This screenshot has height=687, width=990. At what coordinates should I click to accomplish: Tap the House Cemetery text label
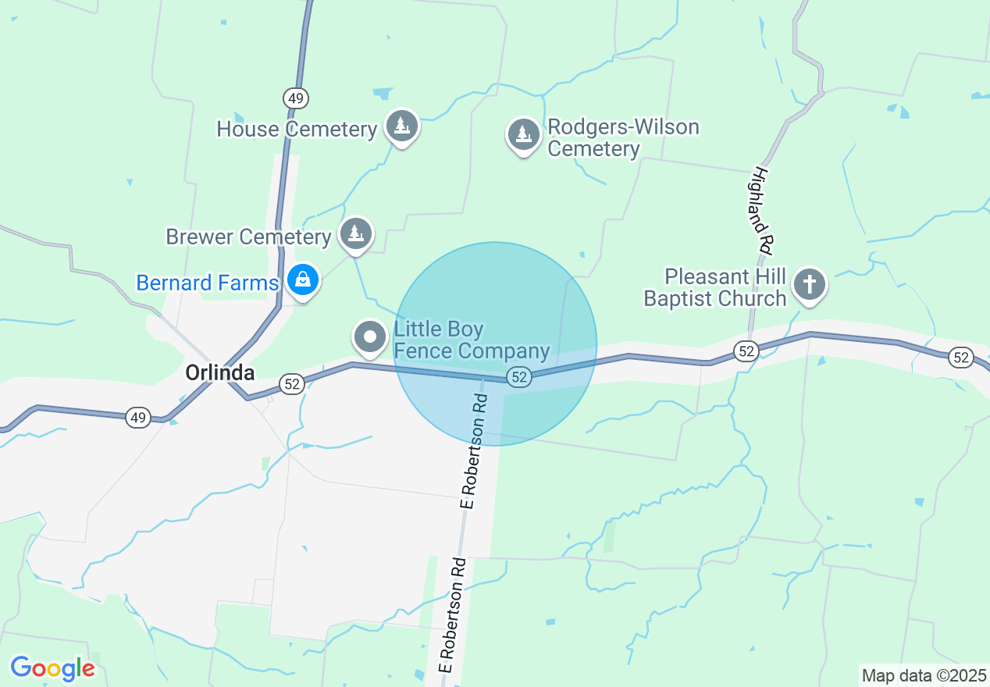[297, 129]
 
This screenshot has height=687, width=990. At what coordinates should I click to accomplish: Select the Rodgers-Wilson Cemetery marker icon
[524, 135]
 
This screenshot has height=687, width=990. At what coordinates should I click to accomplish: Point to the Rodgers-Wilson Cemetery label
[623, 137]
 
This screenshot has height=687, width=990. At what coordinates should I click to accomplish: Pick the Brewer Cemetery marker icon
[356, 233]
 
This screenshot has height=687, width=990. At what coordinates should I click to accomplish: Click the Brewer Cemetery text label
[248, 237]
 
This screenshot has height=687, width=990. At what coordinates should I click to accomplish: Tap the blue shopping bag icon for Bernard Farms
[302, 279]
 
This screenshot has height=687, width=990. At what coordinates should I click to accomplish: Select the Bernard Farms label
[207, 283]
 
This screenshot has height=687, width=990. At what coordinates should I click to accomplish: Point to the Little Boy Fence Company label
[472, 340]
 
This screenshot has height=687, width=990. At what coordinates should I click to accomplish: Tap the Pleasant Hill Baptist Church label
[714, 287]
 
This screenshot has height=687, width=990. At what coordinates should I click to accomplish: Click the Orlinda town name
[219, 373]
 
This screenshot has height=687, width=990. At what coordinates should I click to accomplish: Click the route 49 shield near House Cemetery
[296, 98]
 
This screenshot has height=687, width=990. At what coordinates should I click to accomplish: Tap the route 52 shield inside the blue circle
[519, 377]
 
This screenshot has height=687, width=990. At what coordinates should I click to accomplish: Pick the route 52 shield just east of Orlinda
[291, 383]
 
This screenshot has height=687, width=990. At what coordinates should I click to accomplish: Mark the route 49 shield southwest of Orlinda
[138, 418]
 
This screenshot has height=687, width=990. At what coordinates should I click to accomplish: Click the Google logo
[52, 668]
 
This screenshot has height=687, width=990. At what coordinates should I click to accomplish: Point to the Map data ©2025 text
[923, 675]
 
